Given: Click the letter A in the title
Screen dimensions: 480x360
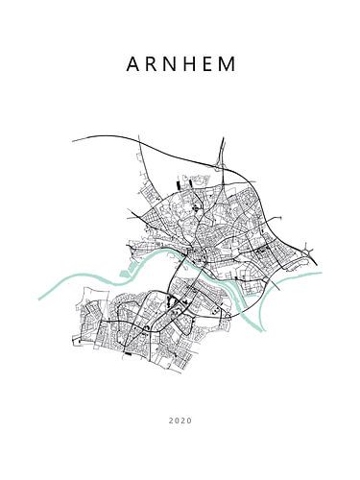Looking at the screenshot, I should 132,65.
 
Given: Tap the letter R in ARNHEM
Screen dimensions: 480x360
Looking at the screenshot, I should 152,65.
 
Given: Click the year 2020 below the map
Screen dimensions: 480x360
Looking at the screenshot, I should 180,420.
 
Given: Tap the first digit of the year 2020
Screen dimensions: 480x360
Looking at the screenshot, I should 170,420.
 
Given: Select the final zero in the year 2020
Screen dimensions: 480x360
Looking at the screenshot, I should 189,420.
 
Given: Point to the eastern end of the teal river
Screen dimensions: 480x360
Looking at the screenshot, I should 321,274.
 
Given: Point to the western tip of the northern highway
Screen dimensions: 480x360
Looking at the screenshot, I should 73,141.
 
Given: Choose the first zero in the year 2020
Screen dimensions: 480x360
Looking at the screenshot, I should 176,420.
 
